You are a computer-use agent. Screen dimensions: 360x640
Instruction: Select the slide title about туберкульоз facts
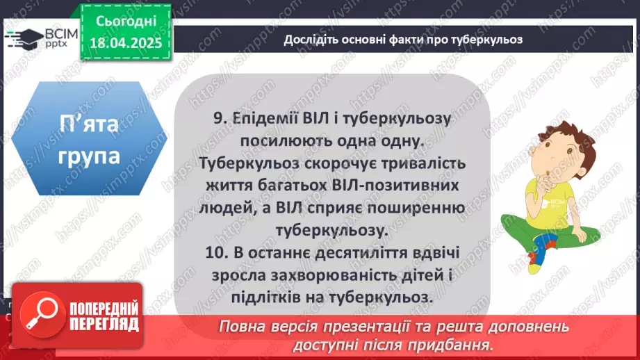pos(402,39)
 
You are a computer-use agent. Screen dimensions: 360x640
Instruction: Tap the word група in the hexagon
pos(88,155)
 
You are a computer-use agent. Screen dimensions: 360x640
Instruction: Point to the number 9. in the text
pos(220,119)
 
